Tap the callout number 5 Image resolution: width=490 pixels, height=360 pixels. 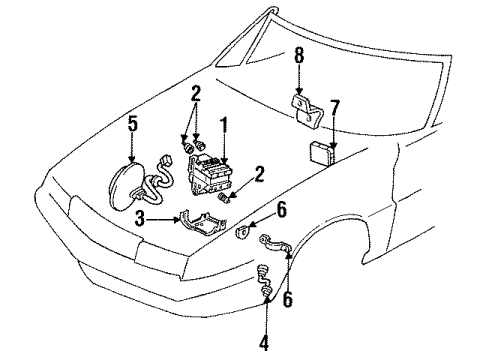[132, 125]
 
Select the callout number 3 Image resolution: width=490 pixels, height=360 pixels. [140, 219]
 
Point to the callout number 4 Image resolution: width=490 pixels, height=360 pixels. [263, 340]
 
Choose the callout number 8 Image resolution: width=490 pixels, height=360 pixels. [299, 56]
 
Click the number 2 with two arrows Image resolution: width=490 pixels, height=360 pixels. [196, 93]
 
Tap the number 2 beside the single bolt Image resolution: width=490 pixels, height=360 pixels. [259, 174]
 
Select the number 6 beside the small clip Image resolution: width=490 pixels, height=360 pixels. [282, 210]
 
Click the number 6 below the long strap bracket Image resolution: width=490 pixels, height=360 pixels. [287, 298]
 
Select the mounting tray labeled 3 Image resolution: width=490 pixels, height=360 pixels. [202, 222]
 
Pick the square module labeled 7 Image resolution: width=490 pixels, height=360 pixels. [322, 154]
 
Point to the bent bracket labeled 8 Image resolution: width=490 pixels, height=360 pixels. [307, 110]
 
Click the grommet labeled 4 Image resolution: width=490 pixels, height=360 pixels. [264, 280]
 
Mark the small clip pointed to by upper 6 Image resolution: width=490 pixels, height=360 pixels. [242, 232]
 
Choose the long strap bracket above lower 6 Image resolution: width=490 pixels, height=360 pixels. [275, 244]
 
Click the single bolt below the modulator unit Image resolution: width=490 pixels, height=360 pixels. [223, 199]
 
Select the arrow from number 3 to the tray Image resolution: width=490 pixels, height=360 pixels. [163, 219]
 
